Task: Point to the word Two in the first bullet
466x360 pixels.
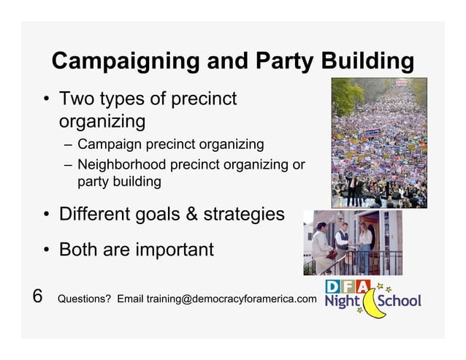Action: pos(76,99)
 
